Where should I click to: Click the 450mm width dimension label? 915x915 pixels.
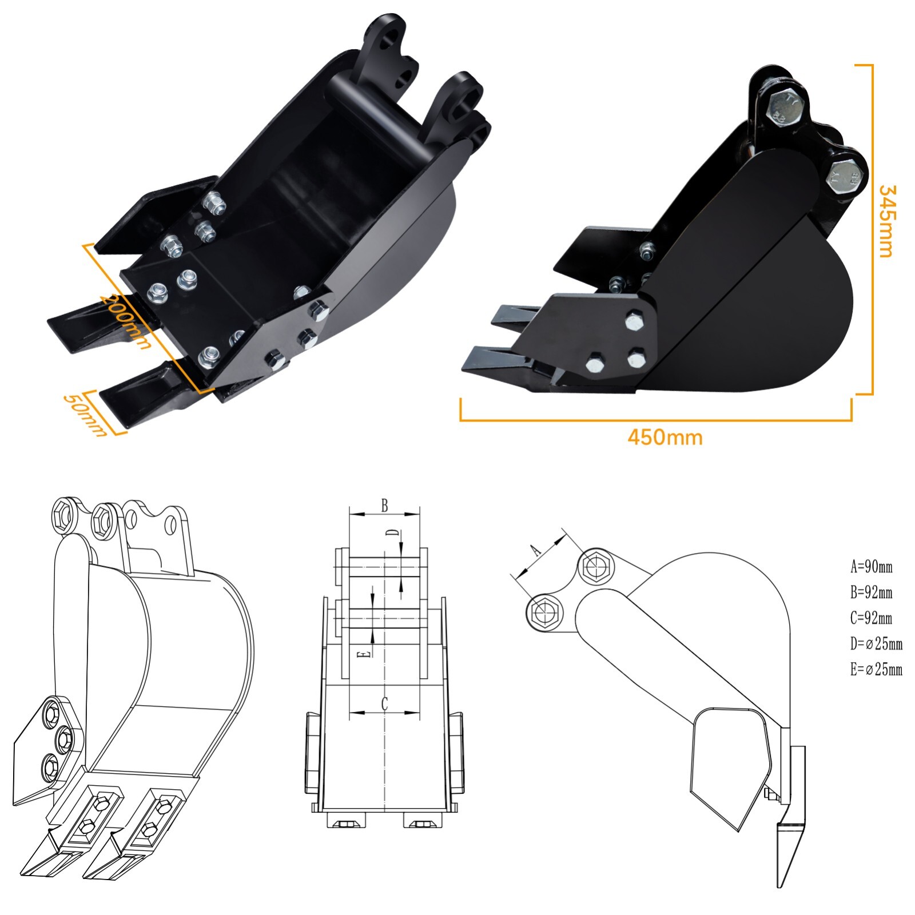(x=665, y=437)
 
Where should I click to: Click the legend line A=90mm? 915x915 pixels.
(x=871, y=567)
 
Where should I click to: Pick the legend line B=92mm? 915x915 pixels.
(x=871, y=592)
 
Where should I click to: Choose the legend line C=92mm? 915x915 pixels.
(x=871, y=618)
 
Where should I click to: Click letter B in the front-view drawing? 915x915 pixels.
(x=385, y=505)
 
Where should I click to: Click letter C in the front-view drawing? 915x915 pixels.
(x=385, y=703)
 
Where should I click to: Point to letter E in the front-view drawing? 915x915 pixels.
(x=367, y=654)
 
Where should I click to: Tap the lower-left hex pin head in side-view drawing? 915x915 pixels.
(x=544, y=612)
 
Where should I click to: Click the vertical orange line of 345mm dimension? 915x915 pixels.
(x=872, y=229)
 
